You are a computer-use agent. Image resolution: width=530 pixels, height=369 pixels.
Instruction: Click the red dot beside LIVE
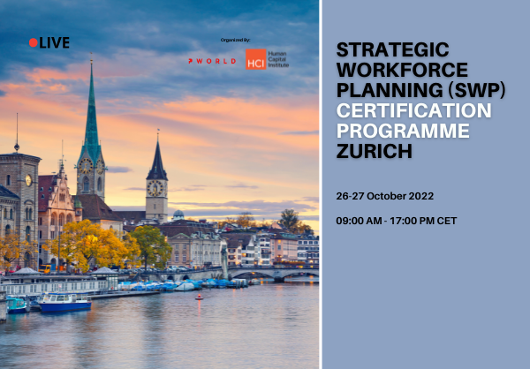pos(34,42)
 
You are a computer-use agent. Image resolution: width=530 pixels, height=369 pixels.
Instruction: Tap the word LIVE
pos(54,42)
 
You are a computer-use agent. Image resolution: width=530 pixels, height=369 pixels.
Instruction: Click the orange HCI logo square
pos(255,59)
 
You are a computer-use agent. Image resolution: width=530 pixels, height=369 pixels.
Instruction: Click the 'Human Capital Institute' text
pos(278,59)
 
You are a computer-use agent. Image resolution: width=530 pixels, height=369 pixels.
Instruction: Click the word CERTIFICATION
pos(414,110)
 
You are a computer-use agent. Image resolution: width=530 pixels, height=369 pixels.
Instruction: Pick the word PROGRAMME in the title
pos(405,132)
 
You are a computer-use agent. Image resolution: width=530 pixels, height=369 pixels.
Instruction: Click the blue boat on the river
pos(64,303)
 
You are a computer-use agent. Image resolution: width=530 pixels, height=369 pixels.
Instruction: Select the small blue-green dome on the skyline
pos(178,215)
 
